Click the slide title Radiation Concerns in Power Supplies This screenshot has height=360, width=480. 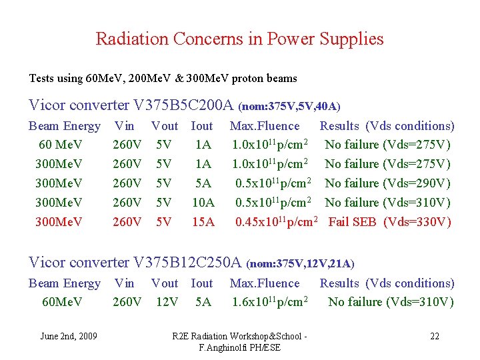pyautogui.click(x=239, y=39)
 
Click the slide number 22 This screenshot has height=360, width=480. pyautogui.click(x=435, y=336)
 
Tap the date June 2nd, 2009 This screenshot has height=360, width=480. pyautogui.click(x=69, y=336)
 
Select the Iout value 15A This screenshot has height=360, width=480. pyautogui.click(x=203, y=222)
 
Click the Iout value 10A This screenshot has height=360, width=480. pyautogui.click(x=203, y=203)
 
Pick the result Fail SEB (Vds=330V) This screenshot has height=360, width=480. pyautogui.click(x=389, y=222)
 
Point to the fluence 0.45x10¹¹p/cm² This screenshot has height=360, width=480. pyautogui.click(x=276, y=222)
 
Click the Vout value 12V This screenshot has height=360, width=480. pyautogui.click(x=167, y=302)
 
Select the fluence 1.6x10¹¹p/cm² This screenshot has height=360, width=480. pyautogui.click(x=269, y=302)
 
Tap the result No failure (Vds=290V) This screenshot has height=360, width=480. pyautogui.click(x=387, y=183)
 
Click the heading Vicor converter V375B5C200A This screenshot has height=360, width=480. pyautogui.click(x=131, y=105)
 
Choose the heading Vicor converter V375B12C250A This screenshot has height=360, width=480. pyautogui.click(x=136, y=263)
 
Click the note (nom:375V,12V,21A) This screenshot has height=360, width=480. pyautogui.click(x=300, y=265)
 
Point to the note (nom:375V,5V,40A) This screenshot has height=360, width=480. pyautogui.click(x=289, y=107)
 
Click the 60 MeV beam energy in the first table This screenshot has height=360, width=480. pyautogui.click(x=61, y=145)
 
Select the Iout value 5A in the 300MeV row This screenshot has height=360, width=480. pyautogui.click(x=203, y=183)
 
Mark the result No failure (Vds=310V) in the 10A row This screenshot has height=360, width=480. pyautogui.click(x=387, y=203)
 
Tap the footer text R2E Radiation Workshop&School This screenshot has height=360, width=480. pyautogui.click(x=239, y=336)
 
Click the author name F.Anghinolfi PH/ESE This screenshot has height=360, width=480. pyautogui.click(x=239, y=348)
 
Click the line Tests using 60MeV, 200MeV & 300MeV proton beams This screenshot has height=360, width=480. pyautogui.click(x=163, y=79)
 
